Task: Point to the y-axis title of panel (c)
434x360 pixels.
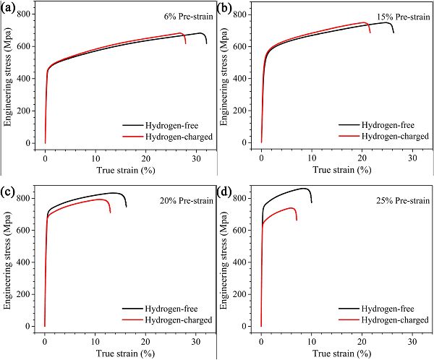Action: [8, 260]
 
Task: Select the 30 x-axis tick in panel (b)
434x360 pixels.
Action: [411, 158]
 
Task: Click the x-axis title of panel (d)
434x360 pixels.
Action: [339, 353]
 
